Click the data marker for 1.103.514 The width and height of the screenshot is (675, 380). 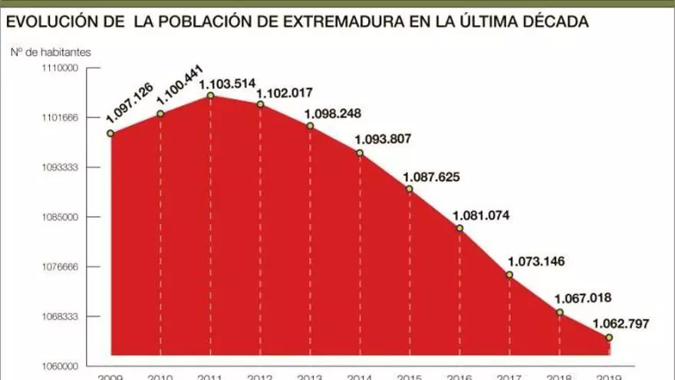click(x=210, y=95)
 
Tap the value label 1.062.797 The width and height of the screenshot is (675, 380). click(x=621, y=323)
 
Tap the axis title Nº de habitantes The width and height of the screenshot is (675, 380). click(x=51, y=52)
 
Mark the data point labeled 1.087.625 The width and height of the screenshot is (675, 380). click(x=409, y=189)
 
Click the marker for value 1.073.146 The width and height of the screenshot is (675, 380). click(x=509, y=275)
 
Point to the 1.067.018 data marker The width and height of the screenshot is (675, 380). click(x=559, y=312)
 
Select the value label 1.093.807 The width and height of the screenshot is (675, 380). click(x=383, y=139)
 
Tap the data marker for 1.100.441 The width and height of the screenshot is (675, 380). click(x=160, y=114)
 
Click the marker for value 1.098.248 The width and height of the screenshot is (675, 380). click(x=310, y=125)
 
